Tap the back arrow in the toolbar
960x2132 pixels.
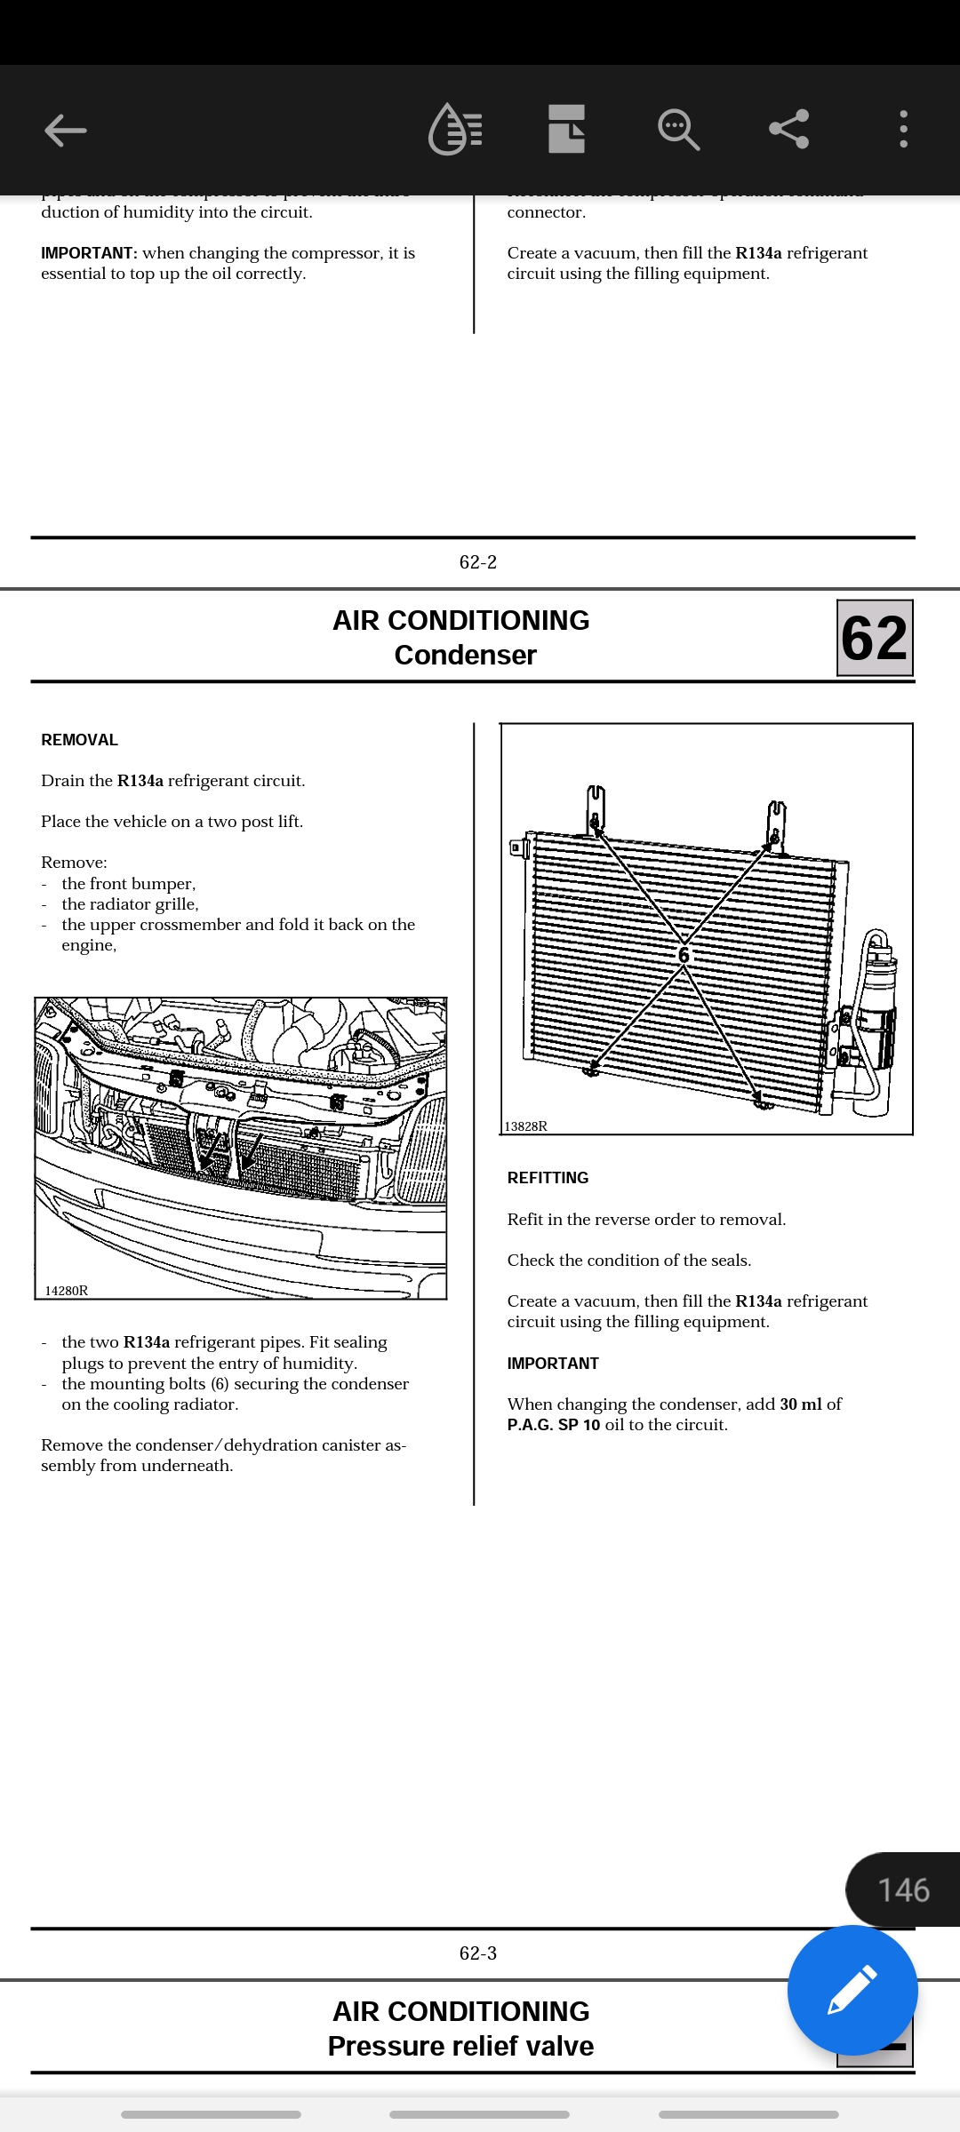(x=66, y=131)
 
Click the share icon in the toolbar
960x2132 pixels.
(x=788, y=130)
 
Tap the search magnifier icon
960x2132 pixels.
(x=678, y=130)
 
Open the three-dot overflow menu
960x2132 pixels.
(x=903, y=130)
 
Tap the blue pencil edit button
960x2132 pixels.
(x=852, y=1990)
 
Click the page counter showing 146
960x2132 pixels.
(x=903, y=1890)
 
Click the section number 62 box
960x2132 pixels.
(x=875, y=638)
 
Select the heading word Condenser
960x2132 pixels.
(x=465, y=656)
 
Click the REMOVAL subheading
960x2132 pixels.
(x=79, y=740)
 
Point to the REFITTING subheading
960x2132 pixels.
(x=548, y=1178)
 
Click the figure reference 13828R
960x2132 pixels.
(x=525, y=1126)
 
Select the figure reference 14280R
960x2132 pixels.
(x=67, y=1291)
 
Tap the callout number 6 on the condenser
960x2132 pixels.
(x=684, y=955)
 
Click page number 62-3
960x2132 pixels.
(x=478, y=1953)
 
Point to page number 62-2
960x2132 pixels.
(x=478, y=562)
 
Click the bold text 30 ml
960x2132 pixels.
(x=801, y=1404)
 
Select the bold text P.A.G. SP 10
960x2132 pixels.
(x=554, y=1425)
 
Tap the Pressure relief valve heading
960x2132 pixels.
(x=460, y=2046)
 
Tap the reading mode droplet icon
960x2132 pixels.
(x=455, y=130)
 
